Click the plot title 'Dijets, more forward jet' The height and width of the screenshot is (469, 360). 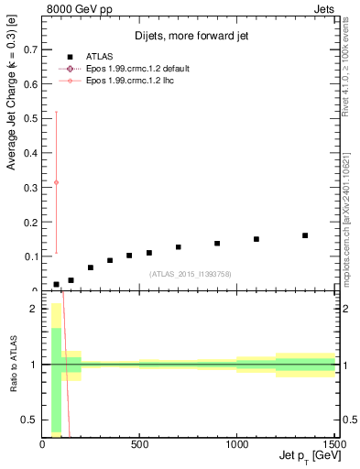pos(190,37)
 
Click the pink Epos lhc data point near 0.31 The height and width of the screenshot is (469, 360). pos(57,182)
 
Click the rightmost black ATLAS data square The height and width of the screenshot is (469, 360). pos(305,235)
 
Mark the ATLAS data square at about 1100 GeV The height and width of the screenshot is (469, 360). pos(256,239)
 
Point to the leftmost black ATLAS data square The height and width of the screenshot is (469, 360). pos(57,284)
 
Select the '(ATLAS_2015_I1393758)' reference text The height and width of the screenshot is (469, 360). pos(190,274)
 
